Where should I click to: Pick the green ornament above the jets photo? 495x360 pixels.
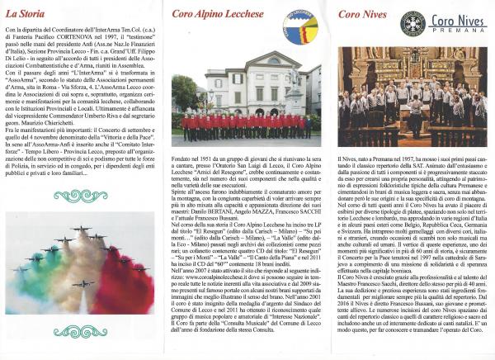click(x=80, y=195)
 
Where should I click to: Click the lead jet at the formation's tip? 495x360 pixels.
click(x=80, y=229)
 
